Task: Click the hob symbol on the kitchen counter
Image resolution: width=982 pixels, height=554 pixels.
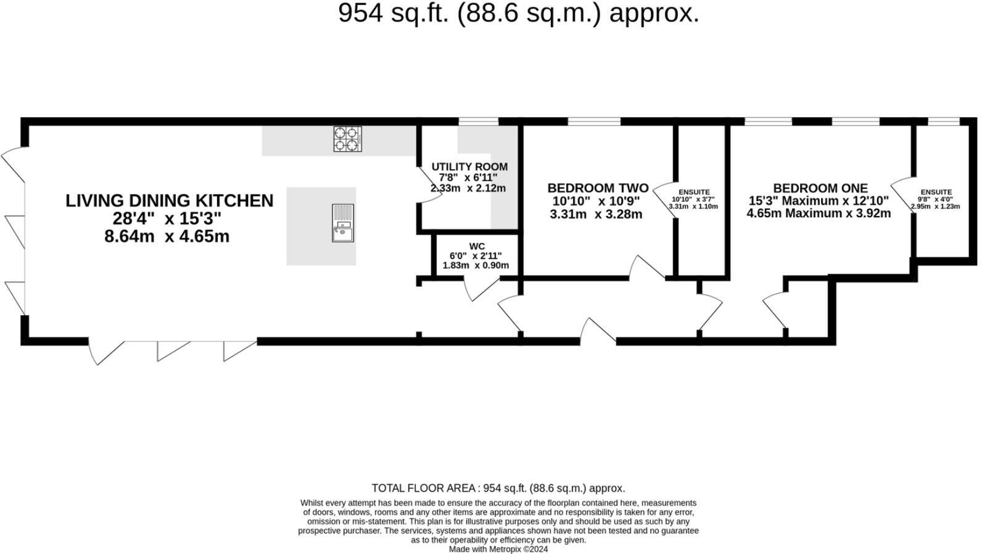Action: [x=347, y=139]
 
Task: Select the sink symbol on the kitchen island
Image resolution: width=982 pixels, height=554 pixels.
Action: [x=342, y=223]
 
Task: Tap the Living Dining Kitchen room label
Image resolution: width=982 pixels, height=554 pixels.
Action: [x=169, y=201]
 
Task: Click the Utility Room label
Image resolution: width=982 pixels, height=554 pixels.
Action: [x=469, y=167]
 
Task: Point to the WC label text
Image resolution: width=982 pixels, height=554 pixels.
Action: [x=477, y=246]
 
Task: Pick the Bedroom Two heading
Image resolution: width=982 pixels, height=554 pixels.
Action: [x=598, y=188]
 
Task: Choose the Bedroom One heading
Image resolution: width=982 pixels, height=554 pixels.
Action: [x=820, y=188]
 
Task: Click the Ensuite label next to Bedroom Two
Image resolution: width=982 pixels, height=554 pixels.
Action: [x=694, y=192]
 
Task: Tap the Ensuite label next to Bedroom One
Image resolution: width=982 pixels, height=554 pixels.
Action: [x=936, y=192]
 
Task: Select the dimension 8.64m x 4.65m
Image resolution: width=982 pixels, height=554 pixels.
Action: [x=167, y=236]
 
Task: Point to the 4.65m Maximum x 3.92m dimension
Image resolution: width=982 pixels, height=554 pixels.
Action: [x=819, y=213]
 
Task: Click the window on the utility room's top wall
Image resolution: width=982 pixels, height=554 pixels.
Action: [x=478, y=122]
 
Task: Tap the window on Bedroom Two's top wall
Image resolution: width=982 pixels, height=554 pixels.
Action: [x=594, y=122]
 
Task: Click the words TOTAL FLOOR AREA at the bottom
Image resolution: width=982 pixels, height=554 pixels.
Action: [x=423, y=488]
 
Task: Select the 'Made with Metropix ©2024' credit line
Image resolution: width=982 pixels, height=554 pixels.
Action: [x=498, y=549]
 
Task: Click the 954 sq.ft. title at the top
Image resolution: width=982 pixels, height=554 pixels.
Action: [x=518, y=13]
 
